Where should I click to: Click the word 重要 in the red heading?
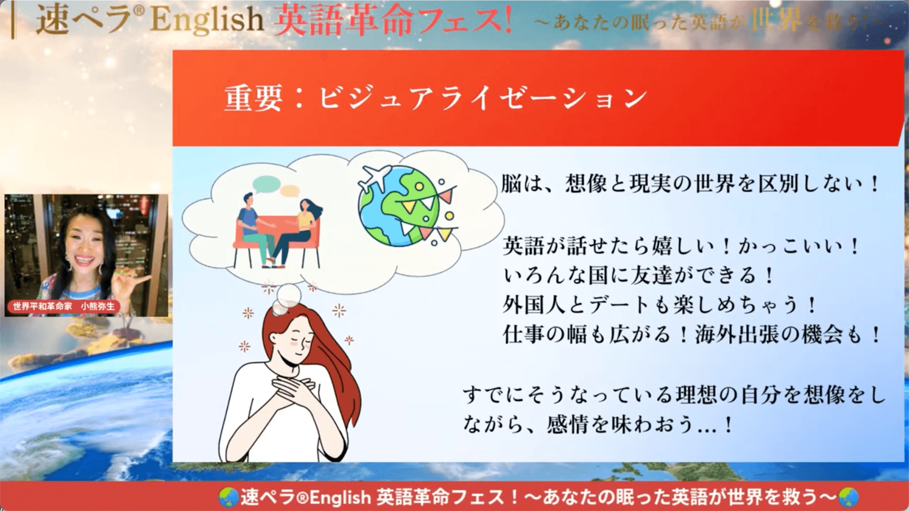pyautogui.click(x=253, y=98)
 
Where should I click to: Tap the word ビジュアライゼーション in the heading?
pyautogui.click(x=482, y=98)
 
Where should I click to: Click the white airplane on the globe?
pyautogui.click(x=374, y=177)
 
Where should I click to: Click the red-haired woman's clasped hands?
pyautogui.click(x=291, y=393)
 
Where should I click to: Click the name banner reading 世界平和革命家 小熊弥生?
pyautogui.click(x=64, y=307)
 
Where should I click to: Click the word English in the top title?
pyautogui.click(x=207, y=20)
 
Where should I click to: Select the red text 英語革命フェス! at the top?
pyautogui.click(x=393, y=20)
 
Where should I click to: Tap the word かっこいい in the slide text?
pyautogui.click(x=791, y=246)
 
